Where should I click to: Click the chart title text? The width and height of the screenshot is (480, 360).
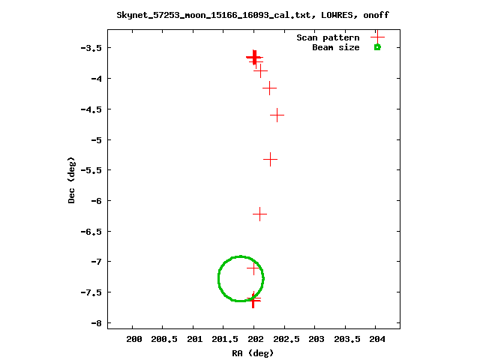253,15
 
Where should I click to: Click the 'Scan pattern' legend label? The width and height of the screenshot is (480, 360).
328,37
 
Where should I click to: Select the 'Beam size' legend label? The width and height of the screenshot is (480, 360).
335,47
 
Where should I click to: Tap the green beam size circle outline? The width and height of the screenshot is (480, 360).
218,278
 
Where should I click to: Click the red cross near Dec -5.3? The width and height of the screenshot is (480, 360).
271,159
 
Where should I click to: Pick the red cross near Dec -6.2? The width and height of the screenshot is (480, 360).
259,214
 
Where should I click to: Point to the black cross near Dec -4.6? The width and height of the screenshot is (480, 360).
277,115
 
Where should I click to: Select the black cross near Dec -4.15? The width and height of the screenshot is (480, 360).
270,88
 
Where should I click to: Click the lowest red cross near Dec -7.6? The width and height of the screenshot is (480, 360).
253,300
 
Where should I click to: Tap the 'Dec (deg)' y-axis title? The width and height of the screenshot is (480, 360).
72,180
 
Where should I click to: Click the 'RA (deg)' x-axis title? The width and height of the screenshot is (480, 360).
253,352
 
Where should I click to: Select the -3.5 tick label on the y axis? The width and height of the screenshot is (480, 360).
89,48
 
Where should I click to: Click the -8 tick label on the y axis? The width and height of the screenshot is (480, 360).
93,323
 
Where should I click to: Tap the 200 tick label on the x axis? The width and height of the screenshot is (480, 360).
133,340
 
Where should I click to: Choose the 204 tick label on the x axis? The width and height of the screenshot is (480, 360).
377,340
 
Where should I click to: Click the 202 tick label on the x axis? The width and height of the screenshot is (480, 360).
255,340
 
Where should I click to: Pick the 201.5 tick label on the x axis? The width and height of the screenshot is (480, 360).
224,340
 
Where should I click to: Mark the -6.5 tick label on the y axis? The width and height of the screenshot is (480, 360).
89,232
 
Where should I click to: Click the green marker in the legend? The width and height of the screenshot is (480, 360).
377,47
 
